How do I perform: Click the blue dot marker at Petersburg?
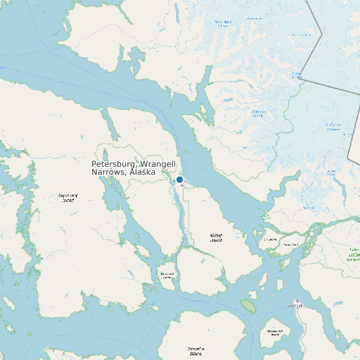pos(179,179)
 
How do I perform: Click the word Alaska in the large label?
pos(142,172)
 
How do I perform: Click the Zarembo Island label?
pos(195,351)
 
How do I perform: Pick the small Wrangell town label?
pos(294,306)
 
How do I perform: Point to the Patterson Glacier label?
pos(258,114)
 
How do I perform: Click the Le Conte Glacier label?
pos(333,126)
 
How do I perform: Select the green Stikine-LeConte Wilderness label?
pos(353,254)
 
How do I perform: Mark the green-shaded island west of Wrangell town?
pos(248,306)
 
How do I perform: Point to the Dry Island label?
pos(270,238)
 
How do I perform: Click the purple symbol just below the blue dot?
pos(182,185)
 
